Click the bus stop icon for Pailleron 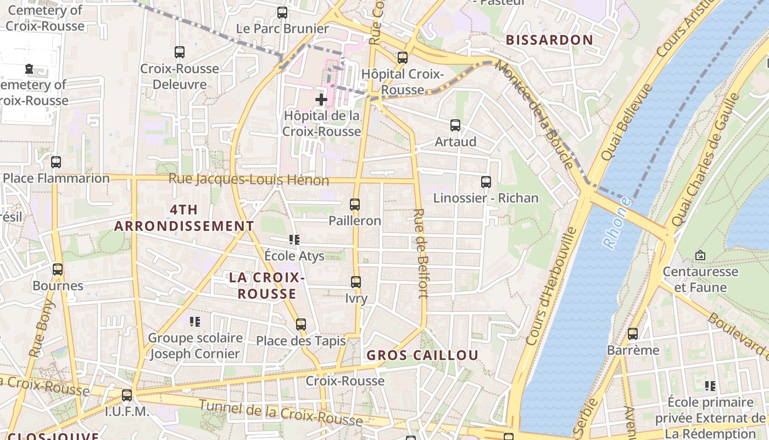[355, 205]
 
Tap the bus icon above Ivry [356, 282]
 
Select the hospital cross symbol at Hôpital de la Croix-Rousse [321, 100]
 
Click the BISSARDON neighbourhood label [549, 40]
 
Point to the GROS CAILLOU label [422, 355]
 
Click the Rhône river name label [618, 223]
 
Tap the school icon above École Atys [294, 240]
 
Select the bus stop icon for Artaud [455, 125]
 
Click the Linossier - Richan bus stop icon [486, 182]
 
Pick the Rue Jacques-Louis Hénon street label [249, 179]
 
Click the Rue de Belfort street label [421, 253]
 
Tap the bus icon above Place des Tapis [300, 324]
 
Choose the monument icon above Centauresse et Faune [700, 255]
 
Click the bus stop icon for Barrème [633, 334]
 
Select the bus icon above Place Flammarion [56, 162]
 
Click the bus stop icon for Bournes [58, 269]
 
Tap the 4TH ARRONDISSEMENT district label [184, 218]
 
